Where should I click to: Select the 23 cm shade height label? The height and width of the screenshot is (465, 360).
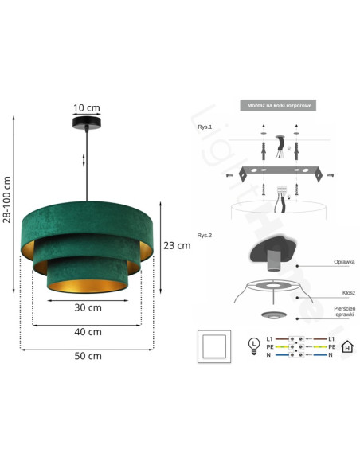[177, 246]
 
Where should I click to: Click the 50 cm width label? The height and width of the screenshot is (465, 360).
[88, 356]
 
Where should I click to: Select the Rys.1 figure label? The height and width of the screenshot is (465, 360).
[205, 127]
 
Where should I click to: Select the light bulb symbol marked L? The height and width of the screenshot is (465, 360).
[253, 345]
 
